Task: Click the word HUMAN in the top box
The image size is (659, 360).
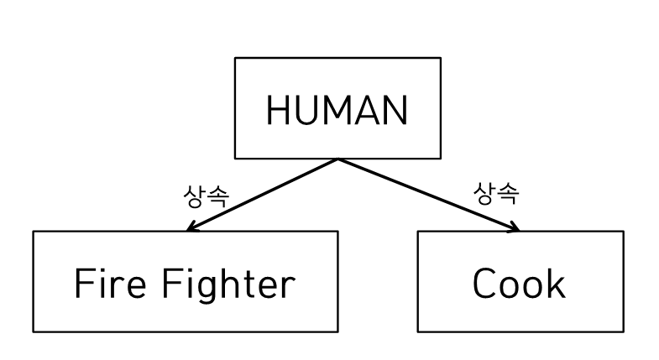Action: tap(337, 110)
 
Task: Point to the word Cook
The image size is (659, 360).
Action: tap(519, 284)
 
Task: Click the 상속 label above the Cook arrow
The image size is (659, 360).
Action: tap(496, 193)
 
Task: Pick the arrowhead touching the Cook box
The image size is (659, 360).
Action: tap(514, 227)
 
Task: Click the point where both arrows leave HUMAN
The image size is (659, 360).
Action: tap(337, 159)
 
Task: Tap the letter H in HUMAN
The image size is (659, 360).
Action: tap(277, 110)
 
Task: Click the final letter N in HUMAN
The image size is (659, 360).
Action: tap(395, 110)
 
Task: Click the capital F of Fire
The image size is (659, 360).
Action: tap(82, 284)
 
